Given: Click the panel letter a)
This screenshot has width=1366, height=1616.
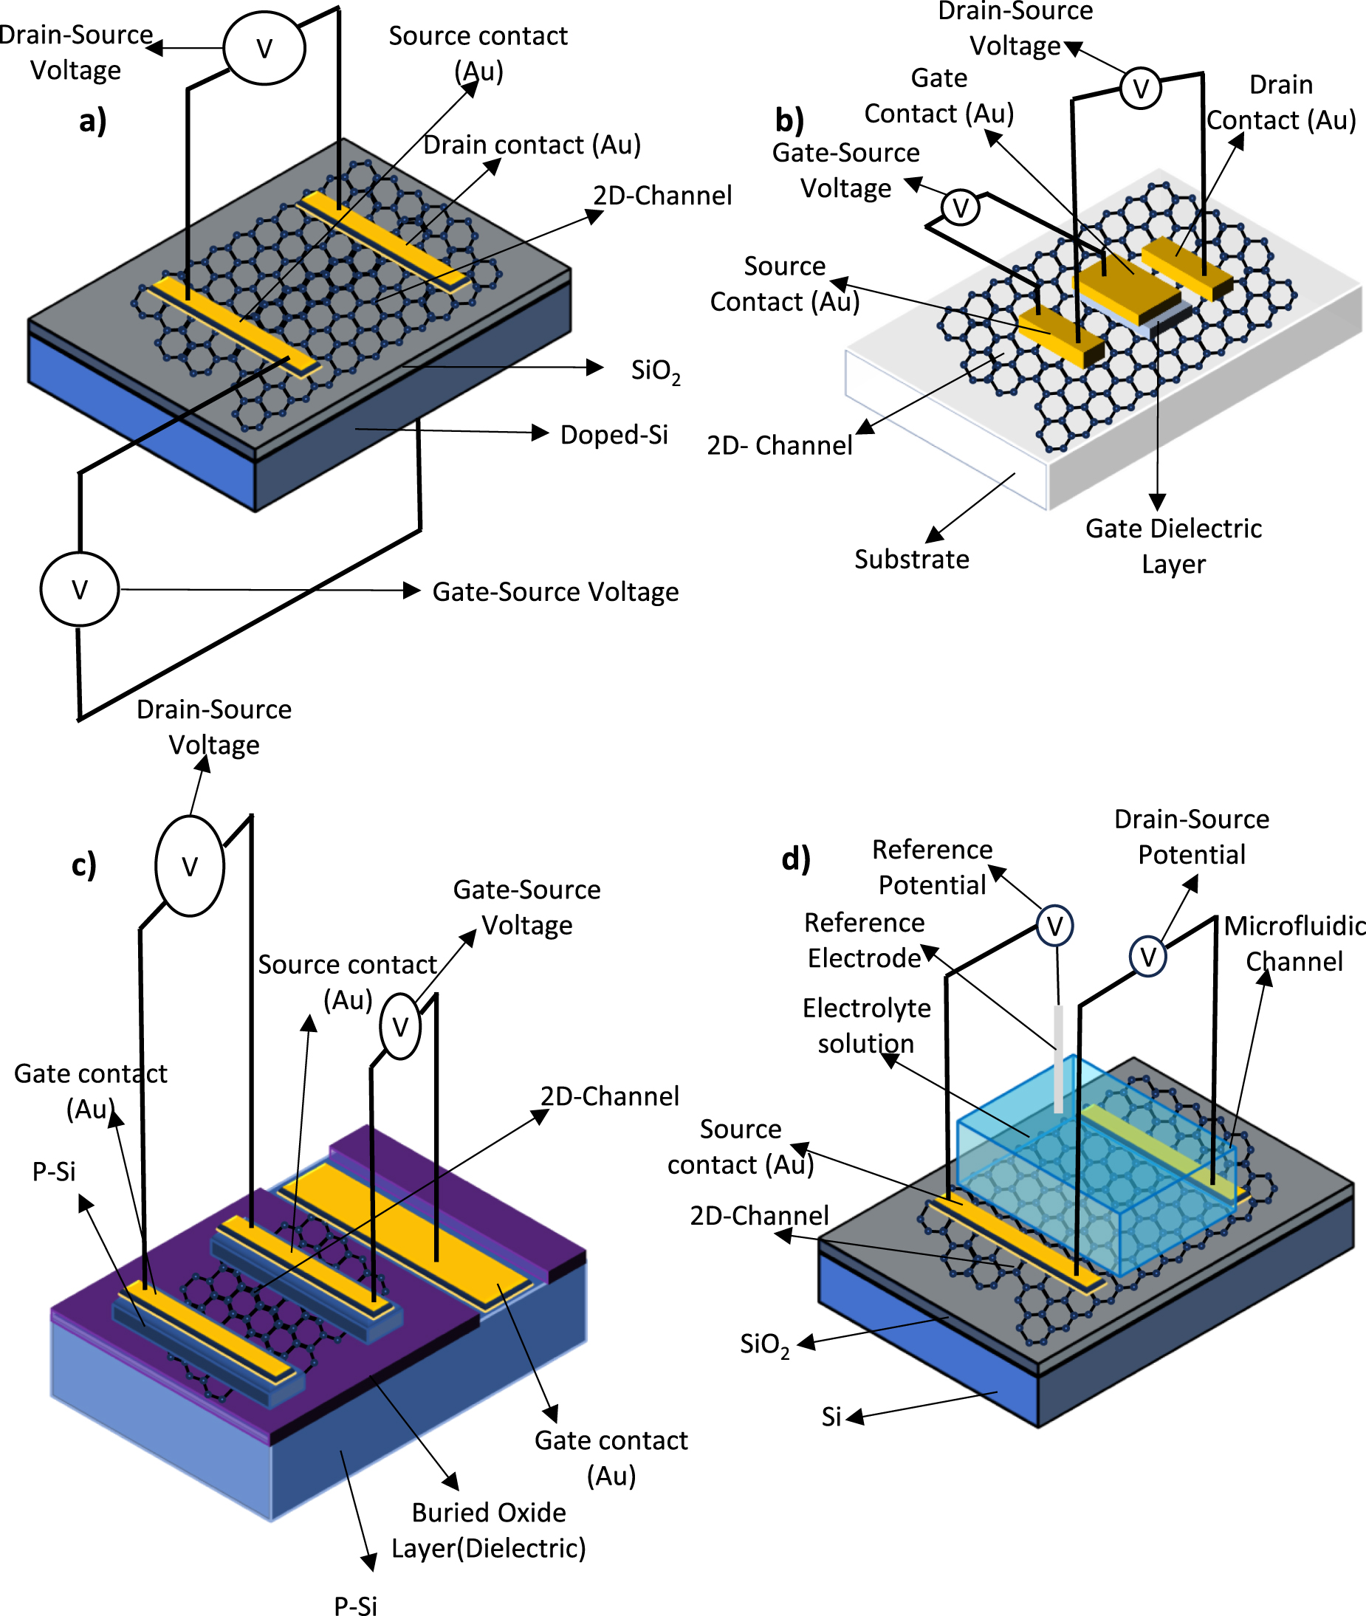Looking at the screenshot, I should [92, 121].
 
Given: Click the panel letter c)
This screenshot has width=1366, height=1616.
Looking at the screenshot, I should [83, 864].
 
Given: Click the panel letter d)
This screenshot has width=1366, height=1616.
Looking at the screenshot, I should [795, 859].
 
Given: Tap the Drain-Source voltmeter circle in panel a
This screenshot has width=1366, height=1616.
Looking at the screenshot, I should [264, 48].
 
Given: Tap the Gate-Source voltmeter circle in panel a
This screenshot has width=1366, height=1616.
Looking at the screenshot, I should [79, 589].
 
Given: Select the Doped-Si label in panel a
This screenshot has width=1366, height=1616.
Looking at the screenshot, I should [614, 434].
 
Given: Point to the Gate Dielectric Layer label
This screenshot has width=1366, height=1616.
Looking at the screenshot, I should [1173, 545].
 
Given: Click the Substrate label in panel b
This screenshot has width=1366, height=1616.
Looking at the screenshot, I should [911, 559].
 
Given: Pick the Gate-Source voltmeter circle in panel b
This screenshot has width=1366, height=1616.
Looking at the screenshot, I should [960, 207].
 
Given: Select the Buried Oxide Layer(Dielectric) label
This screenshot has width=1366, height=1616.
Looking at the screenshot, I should [488, 1530].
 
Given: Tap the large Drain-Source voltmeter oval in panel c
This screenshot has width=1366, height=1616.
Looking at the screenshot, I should [190, 866].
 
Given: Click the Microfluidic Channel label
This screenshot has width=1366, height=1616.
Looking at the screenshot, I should [1293, 943].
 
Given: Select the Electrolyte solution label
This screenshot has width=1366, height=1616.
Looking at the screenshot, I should [866, 1025].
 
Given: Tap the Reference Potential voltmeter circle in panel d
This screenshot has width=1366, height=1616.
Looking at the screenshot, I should [1054, 925].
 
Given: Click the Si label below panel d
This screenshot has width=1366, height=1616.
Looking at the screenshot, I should [831, 1416].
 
